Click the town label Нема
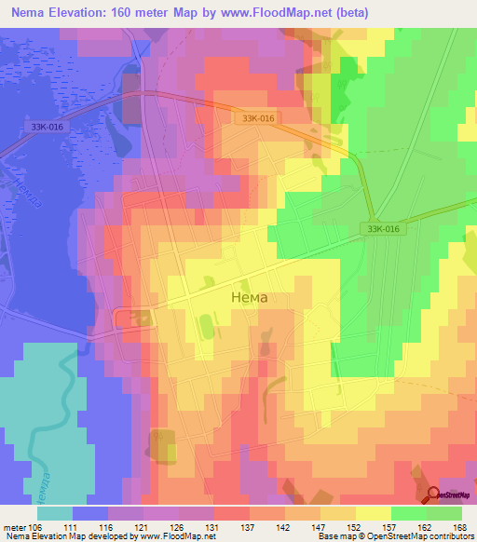[x=249, y=298]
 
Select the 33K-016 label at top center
[x=258, y=119]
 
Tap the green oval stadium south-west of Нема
[x=203, y=327]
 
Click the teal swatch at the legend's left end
[x=55, y=512]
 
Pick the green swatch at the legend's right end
[x=444, y=512]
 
